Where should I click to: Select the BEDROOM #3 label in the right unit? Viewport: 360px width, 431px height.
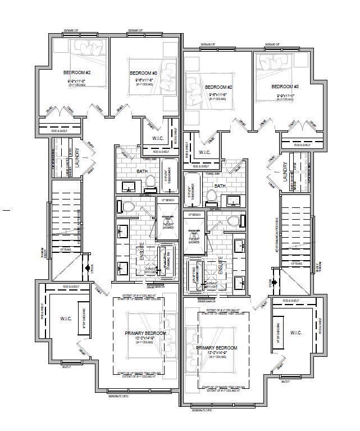coord(285,87)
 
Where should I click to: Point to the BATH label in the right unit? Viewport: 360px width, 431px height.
coord(220,186)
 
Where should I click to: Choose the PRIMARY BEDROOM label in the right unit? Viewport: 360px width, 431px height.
coord(216,348)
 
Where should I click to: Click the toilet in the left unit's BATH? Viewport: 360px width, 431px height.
coord(150,182)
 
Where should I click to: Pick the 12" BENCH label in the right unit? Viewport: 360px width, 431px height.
coord(194,215)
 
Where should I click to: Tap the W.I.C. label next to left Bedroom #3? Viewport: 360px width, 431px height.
coord(158,138)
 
